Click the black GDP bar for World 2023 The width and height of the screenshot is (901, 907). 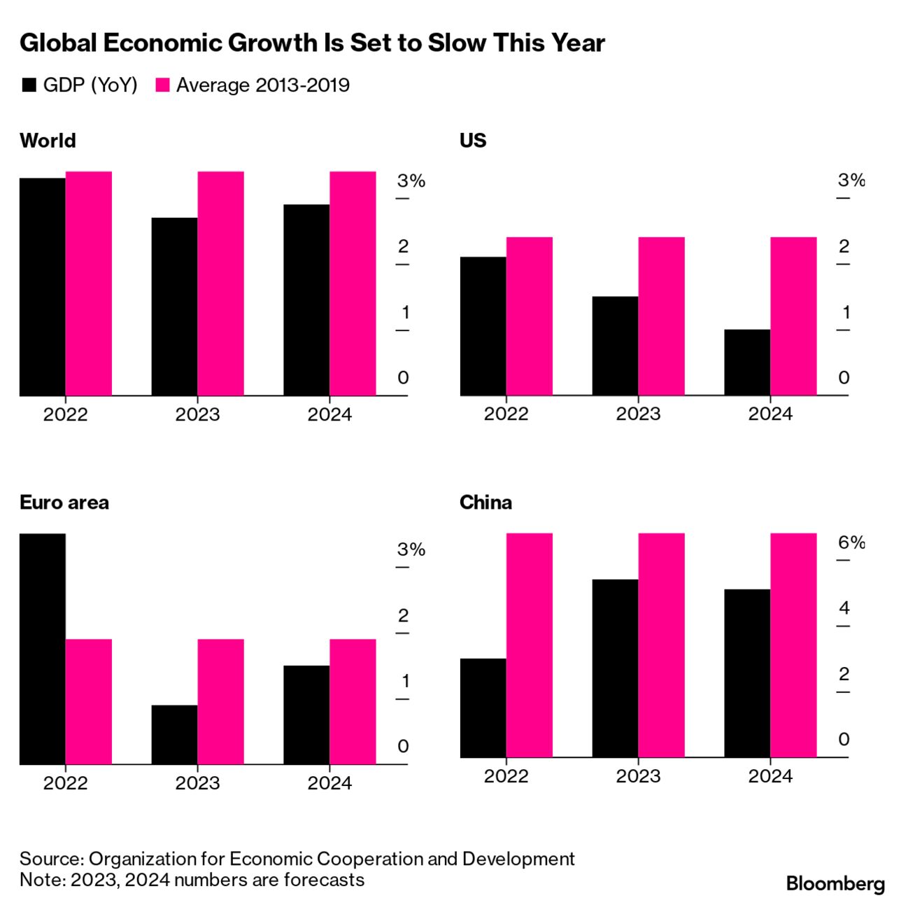174,307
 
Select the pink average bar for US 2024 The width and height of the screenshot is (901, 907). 793,316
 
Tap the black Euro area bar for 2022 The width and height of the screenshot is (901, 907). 43,649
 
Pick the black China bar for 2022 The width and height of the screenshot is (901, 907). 483,708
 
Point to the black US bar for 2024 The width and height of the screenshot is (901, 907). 747,363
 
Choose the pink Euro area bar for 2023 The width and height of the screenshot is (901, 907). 220,701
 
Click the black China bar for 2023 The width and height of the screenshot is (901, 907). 615,668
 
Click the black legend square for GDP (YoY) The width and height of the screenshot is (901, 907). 29,85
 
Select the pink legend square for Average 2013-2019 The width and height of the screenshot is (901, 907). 162,85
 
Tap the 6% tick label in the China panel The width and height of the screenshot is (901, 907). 851,542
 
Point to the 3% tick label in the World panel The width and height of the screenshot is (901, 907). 411,181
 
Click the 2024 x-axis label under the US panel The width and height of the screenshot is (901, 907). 770,414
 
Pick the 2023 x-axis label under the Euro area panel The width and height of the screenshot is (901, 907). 197,783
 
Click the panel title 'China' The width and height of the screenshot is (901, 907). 485,502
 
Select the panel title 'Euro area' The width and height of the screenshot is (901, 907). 64,502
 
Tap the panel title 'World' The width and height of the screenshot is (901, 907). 48,141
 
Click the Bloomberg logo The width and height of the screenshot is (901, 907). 835,883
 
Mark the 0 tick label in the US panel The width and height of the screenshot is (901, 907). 844,378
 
